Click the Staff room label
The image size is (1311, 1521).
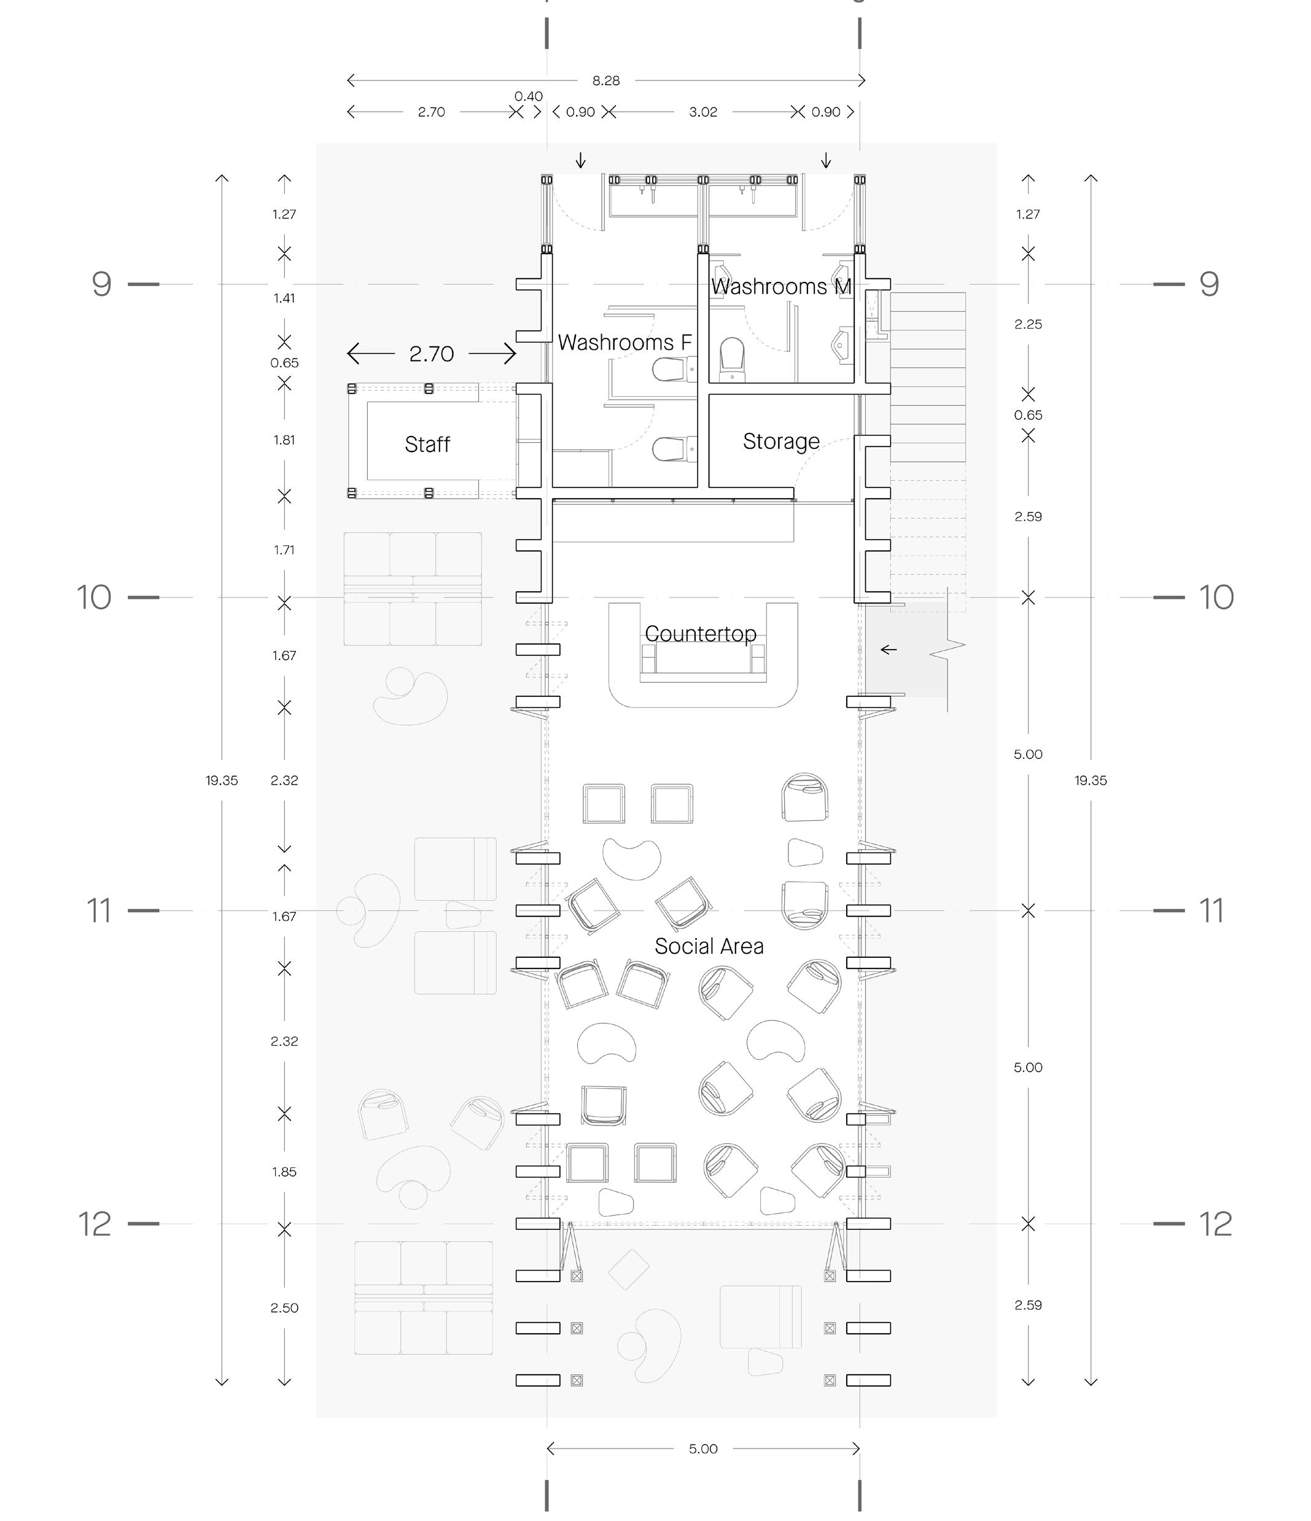[x=427, y=444]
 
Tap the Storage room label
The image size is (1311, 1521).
[x=781, y=441]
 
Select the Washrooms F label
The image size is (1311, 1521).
[x=624, y=342]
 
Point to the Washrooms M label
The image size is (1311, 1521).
[x=781, y=286]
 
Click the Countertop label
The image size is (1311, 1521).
[x=700, y=634]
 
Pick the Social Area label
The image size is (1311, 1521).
[x=709, y=946]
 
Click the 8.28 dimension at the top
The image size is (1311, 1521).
[x=606, y=81]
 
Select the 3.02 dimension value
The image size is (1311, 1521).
[x=702, y=112]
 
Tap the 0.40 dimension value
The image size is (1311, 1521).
[x=529, y=96]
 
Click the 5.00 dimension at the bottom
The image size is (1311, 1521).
[x=702, y=1449]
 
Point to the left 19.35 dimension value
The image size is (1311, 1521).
[x=222, y=780]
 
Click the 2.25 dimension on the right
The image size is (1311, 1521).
[x=1028, y=324]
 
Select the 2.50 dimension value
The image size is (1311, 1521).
[x=284, y=1307]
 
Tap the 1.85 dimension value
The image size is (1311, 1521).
[x=284, y=1172]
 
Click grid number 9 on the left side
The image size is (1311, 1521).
[x=102, y=284]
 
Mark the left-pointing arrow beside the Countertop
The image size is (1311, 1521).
[x=888, y=650]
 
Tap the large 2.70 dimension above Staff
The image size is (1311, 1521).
[x=432, y=354]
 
